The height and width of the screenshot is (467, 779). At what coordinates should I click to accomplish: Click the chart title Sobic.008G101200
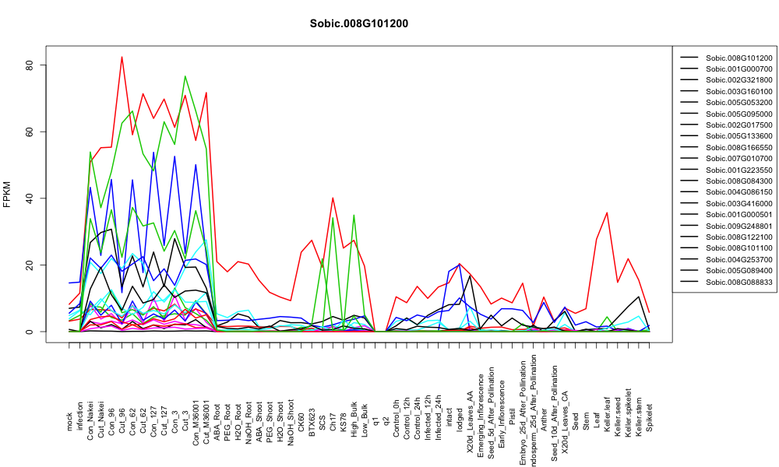coord(358,24)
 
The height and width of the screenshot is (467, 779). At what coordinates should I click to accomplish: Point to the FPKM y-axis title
coord(7,195)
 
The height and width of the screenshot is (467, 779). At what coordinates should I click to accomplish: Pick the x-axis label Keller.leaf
coord(607,414)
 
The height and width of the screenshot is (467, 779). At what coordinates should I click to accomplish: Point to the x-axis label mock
coord(69,422)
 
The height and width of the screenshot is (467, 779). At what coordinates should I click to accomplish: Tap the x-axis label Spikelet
coord(650,417)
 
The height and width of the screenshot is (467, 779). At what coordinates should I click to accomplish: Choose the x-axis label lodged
coord(460,420)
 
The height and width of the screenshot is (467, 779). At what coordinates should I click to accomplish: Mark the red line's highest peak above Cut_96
coord(122,57)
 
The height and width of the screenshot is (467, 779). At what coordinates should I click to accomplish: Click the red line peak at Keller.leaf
coord(607,212)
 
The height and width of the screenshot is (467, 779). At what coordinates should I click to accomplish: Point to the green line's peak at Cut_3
coord(185,76)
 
